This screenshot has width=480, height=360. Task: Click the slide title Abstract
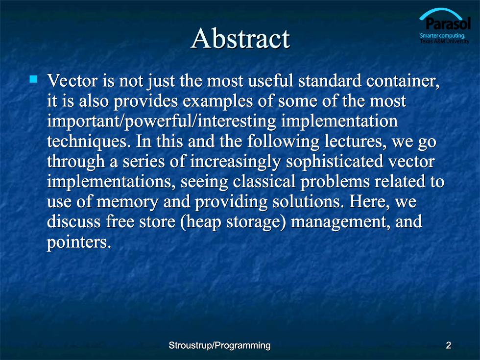240,38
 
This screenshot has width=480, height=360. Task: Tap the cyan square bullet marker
33,79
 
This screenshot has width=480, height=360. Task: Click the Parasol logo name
448,24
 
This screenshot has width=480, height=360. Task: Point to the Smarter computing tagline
442,35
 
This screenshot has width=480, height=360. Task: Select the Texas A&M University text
445,41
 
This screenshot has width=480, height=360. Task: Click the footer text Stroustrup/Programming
219,346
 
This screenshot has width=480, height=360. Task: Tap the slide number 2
449,345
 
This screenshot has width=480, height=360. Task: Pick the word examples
217,101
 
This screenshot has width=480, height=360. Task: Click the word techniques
87,142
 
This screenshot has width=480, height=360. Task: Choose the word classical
264,182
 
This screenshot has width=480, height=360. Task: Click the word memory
127,202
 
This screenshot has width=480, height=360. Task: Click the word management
340,222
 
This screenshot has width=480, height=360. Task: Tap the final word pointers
79,242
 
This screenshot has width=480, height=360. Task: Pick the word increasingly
235,162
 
